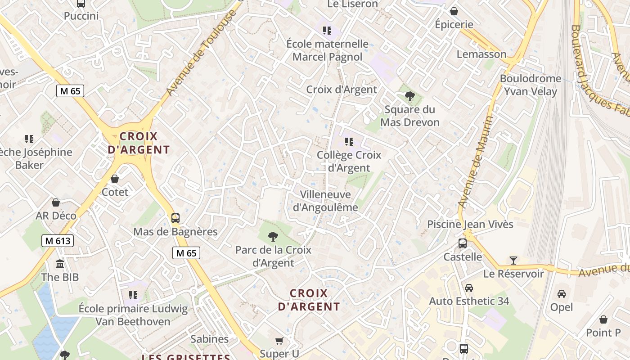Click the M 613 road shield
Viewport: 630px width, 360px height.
(58, 241)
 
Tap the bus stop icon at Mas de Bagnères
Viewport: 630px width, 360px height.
(175, 218)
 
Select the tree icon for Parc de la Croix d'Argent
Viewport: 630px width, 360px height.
(273, 236)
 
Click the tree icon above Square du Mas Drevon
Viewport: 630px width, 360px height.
(409, 96)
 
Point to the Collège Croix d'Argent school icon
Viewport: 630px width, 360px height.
(349, 142)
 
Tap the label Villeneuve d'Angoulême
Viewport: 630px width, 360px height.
(325, 201)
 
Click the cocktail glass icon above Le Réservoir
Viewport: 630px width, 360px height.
(513, 260)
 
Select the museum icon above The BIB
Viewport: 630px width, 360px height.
(60, 264)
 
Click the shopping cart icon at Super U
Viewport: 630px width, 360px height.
(279, 341)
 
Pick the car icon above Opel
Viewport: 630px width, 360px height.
(562, 294)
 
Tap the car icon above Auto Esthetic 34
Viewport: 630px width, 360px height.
(469, 288)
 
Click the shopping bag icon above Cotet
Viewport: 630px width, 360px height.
(115, 179)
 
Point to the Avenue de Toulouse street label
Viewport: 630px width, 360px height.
(201, 53)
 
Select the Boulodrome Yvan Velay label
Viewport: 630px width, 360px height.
(531, 85)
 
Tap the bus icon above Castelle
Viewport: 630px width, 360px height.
(463, 243)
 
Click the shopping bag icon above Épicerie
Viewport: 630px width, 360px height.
(454, 11)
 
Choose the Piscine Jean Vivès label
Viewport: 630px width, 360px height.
(470, 224)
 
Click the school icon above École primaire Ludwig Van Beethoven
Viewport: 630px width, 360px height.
(133, 295)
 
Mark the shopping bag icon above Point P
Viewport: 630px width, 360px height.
(603, 319)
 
